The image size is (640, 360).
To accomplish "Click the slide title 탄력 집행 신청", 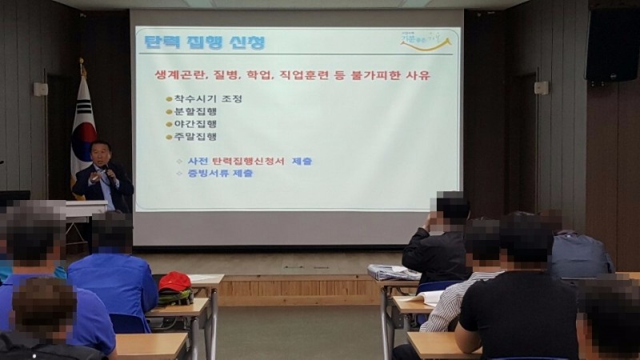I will tap(203, 42).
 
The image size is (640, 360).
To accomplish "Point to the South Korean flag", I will tap(82, 128).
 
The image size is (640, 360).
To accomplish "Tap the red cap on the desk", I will tap(174, 282).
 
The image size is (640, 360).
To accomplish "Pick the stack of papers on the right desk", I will tap(394, 272).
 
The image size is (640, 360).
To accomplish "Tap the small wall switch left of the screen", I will tap(40, 89).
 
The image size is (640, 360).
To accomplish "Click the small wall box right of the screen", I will tap(542, 87).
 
